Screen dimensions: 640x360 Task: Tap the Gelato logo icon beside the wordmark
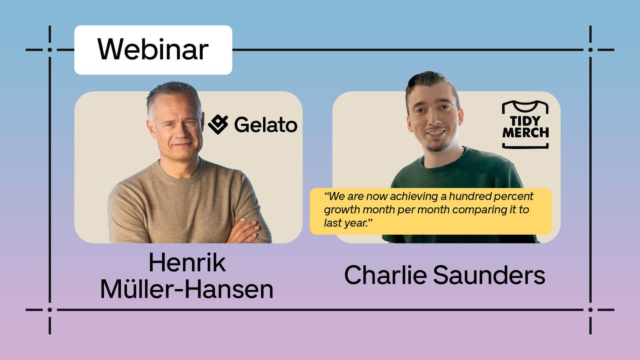218,124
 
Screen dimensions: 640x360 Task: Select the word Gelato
266,125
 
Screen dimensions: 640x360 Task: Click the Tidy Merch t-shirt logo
525,125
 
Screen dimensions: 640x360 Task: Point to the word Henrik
187,263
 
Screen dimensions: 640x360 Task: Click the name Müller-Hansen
186,289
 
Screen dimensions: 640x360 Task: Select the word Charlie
385,275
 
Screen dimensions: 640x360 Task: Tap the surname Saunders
489,275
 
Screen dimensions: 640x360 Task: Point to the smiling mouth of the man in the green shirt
436,134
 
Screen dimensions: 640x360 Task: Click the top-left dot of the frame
50,50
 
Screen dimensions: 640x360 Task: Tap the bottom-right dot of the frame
590,310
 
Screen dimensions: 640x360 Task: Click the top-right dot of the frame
590,50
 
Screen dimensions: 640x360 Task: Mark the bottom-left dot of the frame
50,310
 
